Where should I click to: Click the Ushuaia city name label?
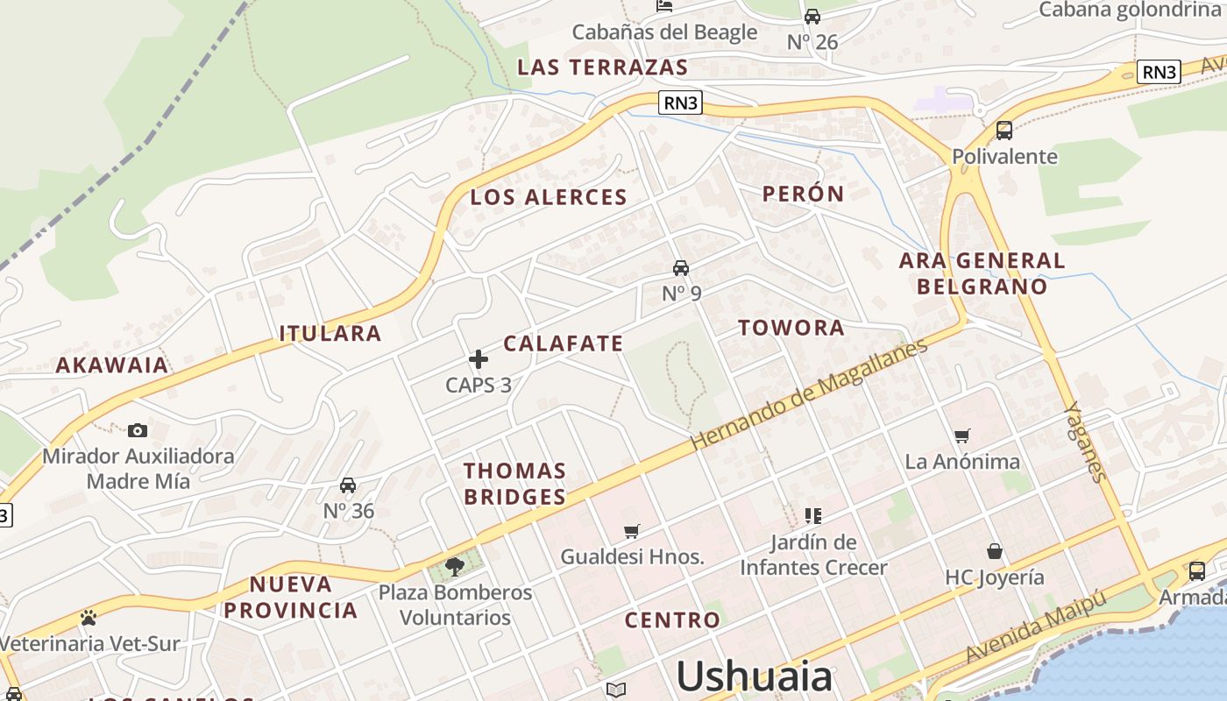[x=754, y=676]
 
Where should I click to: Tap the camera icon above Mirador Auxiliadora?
[x=138, y=430]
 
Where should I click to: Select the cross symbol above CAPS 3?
[x=479, y=359]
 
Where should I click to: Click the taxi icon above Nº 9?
[x=681, y=267]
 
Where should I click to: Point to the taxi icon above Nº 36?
[x=348, y=485]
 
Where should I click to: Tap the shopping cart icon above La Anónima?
[x=962, y=435]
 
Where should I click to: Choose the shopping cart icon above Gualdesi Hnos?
[x=632, y=531]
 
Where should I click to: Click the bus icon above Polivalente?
[x=1004, y=131]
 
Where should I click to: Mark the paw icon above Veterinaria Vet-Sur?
[x=88, y=618]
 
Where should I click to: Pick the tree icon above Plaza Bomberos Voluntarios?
[x=455, y=567]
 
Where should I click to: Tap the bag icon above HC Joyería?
[x=995, y=551]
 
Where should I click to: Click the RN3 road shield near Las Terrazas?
[x=681, y=103]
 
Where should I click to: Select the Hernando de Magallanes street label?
[x=808, y=395]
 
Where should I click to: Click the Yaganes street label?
[x=1085, y=442]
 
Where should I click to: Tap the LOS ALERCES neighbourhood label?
[x=549, y=197]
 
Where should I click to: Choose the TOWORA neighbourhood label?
[x=791, y=329]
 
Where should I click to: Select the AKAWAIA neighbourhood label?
[x=112, y=365]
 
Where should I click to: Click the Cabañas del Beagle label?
[x=664, y=32]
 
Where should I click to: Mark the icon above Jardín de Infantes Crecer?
[x=813, y=515]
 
